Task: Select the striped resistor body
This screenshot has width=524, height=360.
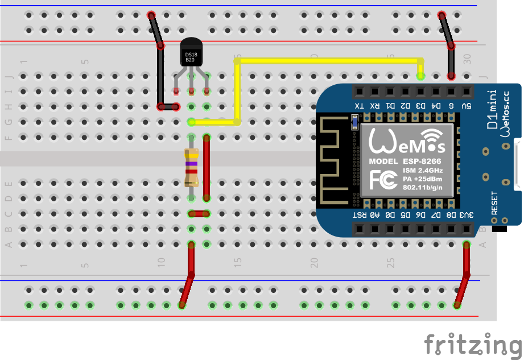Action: [x=192, y=168]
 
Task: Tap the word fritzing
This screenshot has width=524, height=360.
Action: [x=473, y=344]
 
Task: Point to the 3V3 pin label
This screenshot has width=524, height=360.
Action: [x=466, y=215]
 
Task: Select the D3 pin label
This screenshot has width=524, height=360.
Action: [x=420, y=106]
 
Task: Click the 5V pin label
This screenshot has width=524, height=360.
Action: [x=466, y=106]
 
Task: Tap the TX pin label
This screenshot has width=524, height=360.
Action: [x=358, y=106]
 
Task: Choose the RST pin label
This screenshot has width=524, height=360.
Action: [x=358, y=215]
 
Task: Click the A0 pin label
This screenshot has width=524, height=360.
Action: [x=374, y=215]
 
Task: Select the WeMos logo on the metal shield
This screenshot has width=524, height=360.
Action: [x=405, y=142]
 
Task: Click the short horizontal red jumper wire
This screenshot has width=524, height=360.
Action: [x=199, y=214]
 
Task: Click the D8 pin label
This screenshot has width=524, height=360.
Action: [x=451, y=215]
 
